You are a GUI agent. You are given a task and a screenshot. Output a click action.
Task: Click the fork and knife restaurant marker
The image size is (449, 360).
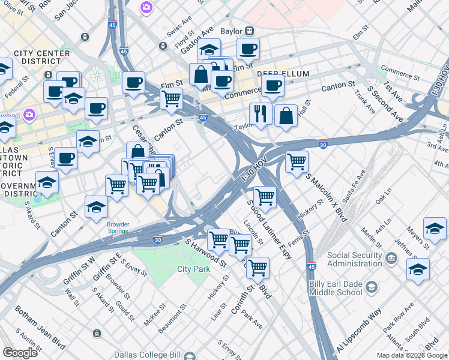[x=261, y=113]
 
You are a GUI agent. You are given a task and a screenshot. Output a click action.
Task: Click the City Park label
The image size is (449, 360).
[x=193, y=269]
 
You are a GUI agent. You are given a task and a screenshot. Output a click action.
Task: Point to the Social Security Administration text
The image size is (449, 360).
[x=354, y=259]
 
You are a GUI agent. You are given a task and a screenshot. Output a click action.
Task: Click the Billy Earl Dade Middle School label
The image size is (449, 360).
[x=336, y=288]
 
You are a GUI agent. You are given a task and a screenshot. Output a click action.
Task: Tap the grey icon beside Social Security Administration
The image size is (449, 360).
[x=391, y=259]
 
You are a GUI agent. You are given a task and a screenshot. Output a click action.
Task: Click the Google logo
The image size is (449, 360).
[x=20, y=353]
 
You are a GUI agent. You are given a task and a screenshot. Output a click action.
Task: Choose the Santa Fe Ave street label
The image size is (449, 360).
[x=354, y=193]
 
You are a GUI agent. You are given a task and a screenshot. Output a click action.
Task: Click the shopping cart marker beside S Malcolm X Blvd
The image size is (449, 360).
[x=297, y=161]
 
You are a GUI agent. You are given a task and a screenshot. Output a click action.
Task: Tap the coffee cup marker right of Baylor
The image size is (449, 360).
[x=248, y=49]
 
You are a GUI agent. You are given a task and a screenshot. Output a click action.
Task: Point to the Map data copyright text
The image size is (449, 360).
[x=412, y=355]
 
